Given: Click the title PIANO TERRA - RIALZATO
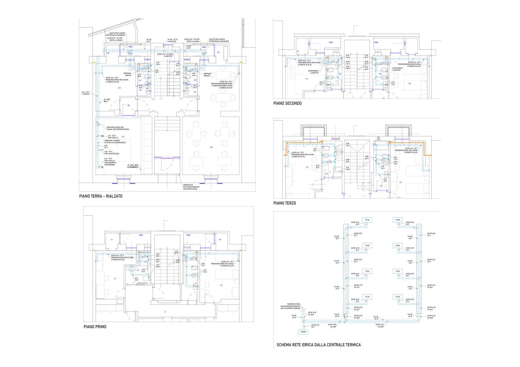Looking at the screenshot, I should [x=100, y=196].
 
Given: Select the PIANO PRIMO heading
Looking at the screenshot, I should [x=95, y=327].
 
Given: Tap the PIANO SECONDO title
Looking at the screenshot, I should [x=287, y=103].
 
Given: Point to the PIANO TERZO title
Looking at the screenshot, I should [x=284, y=203].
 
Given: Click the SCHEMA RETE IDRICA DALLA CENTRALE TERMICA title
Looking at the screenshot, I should [x=318, y=345].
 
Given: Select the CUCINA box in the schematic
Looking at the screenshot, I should [x=303, y=332].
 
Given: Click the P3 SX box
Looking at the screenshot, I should [x=367, y=220].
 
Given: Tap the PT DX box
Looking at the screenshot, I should [x=398, y=297].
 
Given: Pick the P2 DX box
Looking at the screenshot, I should [x=398, y=245].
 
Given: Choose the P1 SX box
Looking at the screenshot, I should [x=367, y=271].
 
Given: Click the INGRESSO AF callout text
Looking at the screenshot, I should [x=191, y=187].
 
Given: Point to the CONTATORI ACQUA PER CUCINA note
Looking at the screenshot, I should [x=118, y=128].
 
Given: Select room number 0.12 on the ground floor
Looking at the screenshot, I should [x=211, y=147].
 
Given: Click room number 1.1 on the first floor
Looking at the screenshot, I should [x=165, y=312].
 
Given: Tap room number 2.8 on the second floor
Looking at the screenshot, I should [x=409, y=83].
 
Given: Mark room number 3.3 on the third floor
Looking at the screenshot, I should [x=307, y=167].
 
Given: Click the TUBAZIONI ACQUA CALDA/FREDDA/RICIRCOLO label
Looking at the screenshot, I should [x=291, y=306].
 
